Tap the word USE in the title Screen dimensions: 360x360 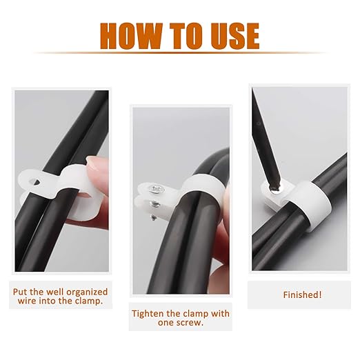[x=235, y=36]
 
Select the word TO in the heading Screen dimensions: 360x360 [x=187, y=36]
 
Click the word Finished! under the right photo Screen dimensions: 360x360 [x=302, y=294]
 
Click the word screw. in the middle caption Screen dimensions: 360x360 [x=192, y=323]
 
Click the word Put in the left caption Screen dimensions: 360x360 [x=20, y=292]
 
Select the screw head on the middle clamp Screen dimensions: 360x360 [x=157, y=189]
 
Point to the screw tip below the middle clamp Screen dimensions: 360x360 [x=153, y=217]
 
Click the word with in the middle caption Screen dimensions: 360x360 [x=220, y=314]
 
